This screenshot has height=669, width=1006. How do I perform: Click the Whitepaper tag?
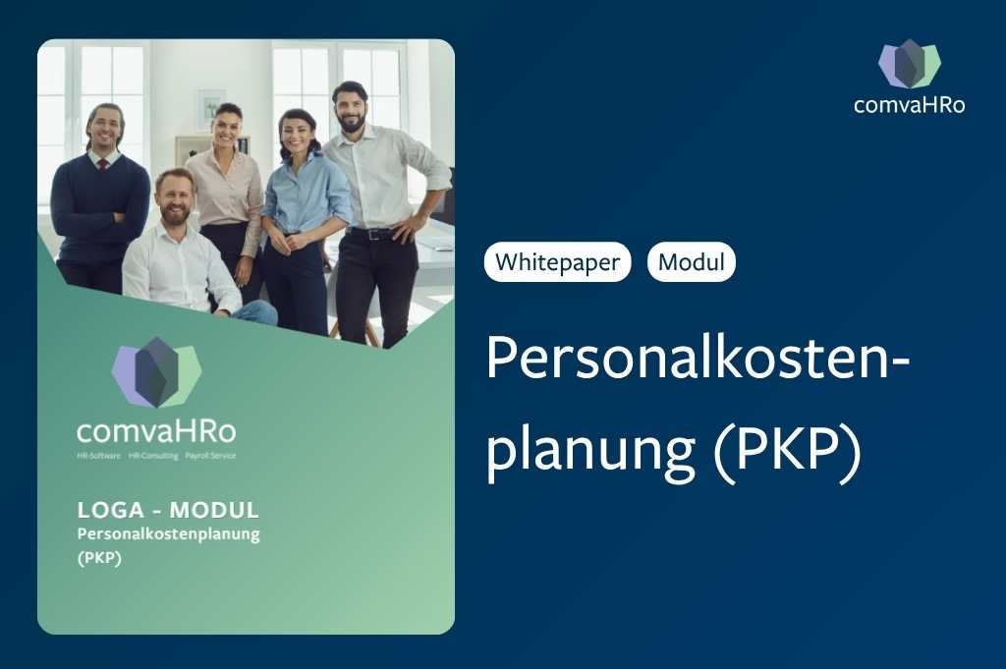[x=557, y=262]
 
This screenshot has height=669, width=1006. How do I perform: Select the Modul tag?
[x=691, y=262]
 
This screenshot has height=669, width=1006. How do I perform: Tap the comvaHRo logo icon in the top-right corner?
[x=909, y=64]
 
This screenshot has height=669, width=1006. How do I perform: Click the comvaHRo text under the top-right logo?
[x=909, y=105]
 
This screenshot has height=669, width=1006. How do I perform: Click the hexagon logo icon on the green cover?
[x=156, y=372]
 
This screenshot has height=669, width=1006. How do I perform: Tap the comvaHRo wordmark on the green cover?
[x=156, y=431]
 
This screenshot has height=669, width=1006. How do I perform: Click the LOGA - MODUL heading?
[x=168, y=510]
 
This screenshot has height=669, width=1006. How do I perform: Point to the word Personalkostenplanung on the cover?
[x=168, y=533]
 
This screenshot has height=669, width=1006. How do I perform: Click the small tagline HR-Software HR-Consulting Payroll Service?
[x=156, y=457]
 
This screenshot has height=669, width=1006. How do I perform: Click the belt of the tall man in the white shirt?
[x=372, y=234]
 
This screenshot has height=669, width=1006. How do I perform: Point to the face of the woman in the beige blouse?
[x=228, y=128]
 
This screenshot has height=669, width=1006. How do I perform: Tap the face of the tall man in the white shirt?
[x=350, y=108]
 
